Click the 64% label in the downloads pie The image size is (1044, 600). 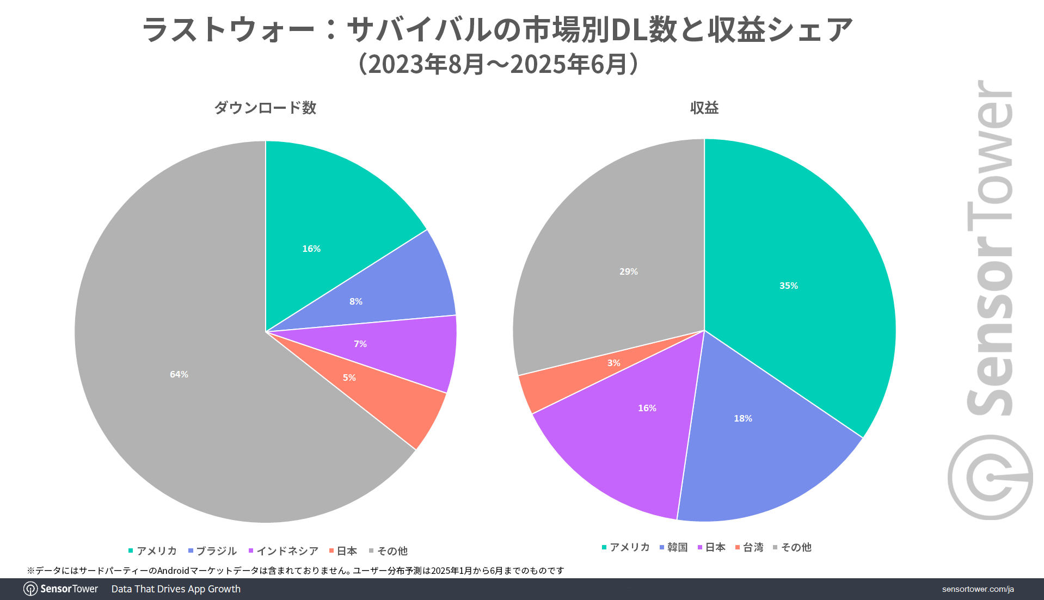pyautogui.click(x=179, y=374)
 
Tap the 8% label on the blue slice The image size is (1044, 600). pyautogui.click(x=356, y=301)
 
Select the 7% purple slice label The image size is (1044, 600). pyautogui.click(x=360, y=344)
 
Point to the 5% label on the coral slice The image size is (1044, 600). pyautogui.click(x=349, y=378)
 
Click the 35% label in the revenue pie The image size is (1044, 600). pyautogui.click(x=789, y=286)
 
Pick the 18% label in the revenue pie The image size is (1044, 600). pyautogui.click(x=743, y=418)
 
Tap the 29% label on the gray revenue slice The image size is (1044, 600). pyautogui.click(x=629, y=271)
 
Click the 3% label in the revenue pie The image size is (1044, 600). pyautogui.click(x=614, y=363)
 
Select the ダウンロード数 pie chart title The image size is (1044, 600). pyautogui.click(x=265, y=108)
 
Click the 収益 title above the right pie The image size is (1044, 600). pyautogui.click(x=704, y=108)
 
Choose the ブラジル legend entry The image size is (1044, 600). pyautogui.click(x=213, y=551)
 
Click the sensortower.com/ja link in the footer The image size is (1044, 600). pyautogui.click(x=978, y=589)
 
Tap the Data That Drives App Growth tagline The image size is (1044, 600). pyautogui.click(x=176, y=589)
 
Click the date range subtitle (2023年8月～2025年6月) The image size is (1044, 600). pyautogui.click(x=498, y=64)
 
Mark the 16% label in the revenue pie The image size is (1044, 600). pyautogui.click(x=647, y=408)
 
